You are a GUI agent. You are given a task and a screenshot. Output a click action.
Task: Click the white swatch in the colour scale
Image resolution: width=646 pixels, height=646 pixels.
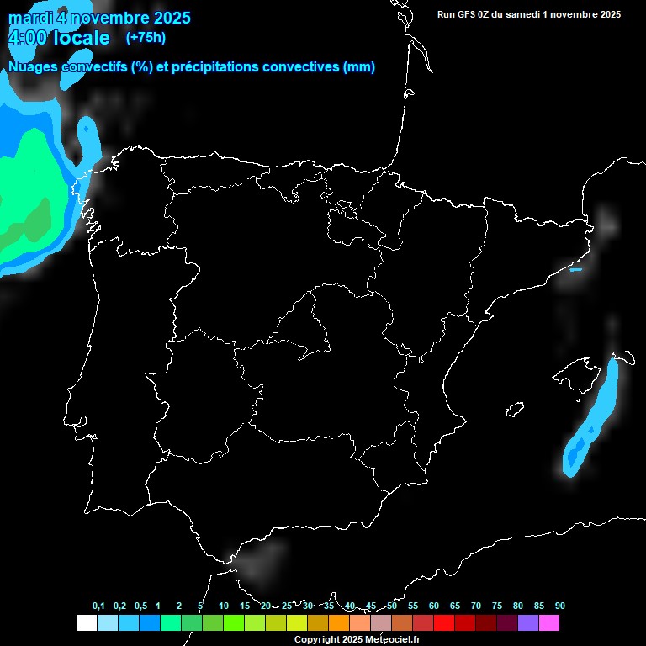coord(86,622)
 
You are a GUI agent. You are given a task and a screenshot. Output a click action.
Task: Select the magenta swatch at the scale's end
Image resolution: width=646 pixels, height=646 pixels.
coord(549,622)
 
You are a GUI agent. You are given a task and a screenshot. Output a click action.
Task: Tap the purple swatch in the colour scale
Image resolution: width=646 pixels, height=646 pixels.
coord(528,622)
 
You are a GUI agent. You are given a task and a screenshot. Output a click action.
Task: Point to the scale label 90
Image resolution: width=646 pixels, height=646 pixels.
coord(560,606)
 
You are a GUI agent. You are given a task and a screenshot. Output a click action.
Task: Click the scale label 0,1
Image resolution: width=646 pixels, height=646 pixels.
coord(98,606)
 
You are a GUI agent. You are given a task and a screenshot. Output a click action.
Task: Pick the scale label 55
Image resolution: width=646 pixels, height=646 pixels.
coord(413,606)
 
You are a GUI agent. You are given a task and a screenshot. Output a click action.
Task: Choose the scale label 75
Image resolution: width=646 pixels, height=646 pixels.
coord(497,606)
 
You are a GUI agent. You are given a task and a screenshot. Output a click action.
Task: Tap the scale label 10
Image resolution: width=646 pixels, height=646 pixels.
coord(224,606)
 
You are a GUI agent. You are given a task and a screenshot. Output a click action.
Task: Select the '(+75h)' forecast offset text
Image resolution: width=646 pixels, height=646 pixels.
coord(146,37)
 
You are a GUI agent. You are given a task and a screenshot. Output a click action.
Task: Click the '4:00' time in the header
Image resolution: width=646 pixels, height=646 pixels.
coord(31,38)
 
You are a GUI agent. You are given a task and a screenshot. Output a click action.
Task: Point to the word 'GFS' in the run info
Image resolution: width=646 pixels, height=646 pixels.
coord(468,13)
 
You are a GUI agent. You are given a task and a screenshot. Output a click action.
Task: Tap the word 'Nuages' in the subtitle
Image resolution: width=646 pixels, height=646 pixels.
coord(34,67)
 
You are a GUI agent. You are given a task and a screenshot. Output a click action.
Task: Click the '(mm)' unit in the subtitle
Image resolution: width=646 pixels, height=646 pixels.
coord(359,67)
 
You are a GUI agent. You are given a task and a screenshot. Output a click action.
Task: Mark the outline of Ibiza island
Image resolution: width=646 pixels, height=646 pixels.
coord(515,409)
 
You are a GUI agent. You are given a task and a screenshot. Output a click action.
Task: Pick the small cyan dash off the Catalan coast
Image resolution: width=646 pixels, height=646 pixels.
coord(575,270)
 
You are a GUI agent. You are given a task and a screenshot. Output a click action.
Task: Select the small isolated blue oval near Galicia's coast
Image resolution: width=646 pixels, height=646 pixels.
coord(86,132)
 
